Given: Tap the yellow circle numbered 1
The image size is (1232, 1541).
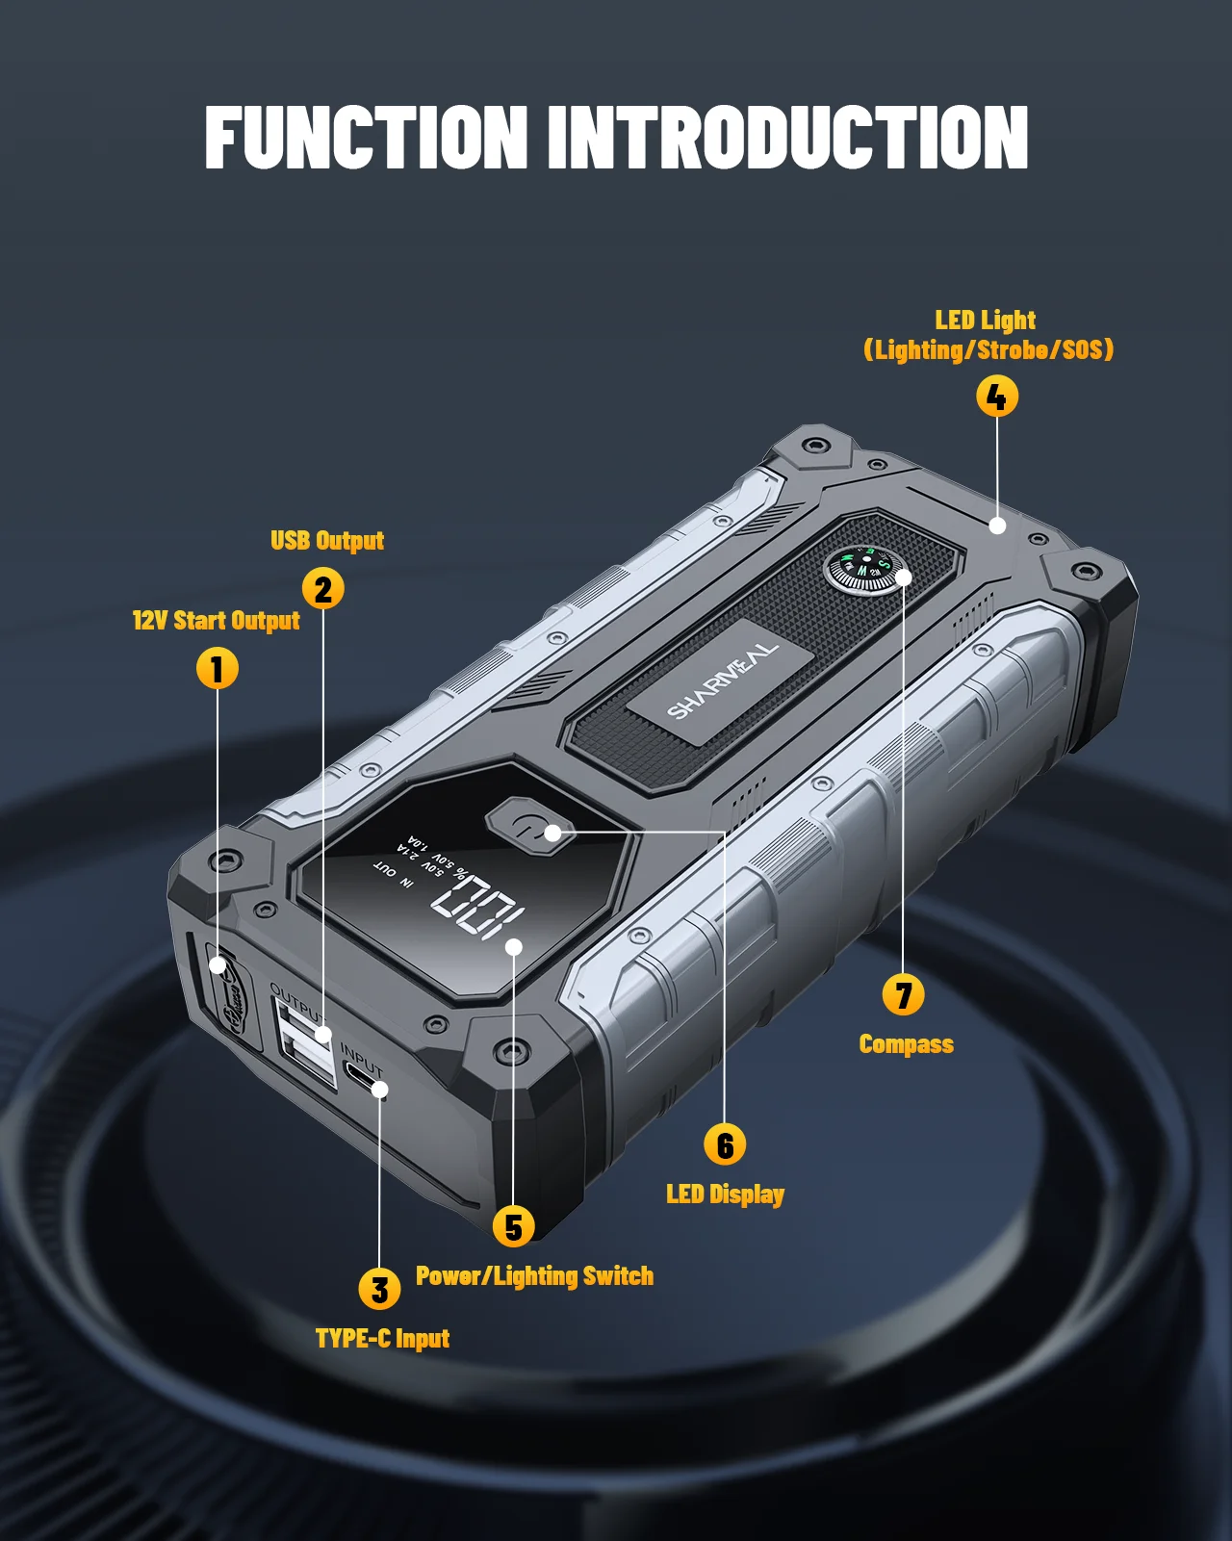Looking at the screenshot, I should tap(218, 669).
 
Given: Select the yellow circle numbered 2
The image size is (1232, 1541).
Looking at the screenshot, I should tap(323, 589).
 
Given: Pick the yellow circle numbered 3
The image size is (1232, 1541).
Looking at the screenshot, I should tap(379, 1290).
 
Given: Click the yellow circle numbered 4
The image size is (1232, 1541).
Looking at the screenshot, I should tap(997, 397).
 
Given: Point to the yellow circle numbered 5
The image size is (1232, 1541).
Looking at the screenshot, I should tap(514, 1227).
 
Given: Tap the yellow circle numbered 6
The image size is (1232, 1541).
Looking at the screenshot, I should tap(725, 1145).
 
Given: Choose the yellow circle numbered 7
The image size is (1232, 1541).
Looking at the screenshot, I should tap(903, 995).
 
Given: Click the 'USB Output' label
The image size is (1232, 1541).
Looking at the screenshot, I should tap(327, 541).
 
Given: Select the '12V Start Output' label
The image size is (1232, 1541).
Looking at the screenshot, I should tap(217, 621).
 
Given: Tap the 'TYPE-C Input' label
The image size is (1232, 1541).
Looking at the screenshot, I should tap(382, 1339).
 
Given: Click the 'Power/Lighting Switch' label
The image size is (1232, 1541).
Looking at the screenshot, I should tap(534, 1276).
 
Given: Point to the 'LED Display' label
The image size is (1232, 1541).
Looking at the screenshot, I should tap(725, 1194).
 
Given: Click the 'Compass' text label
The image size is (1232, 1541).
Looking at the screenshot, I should tap(906, 1044).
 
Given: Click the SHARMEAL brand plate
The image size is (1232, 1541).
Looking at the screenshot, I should tap(722, 681).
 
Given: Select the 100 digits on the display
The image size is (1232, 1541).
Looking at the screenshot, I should tap(478, 908).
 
